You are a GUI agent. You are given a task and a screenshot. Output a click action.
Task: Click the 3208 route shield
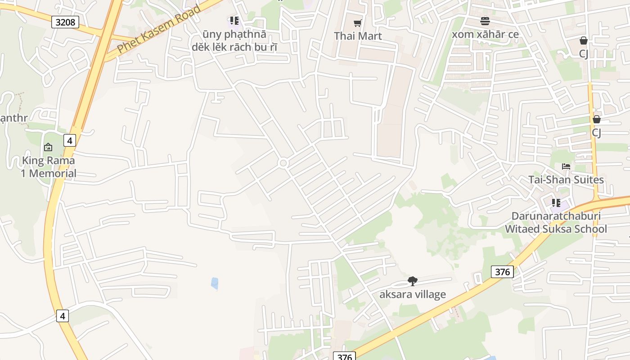click(x=65, y=22)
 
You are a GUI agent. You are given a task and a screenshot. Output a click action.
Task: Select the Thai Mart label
click(x=358, y=36)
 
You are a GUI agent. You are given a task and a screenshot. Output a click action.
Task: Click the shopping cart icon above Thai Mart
click(x=358, y=23)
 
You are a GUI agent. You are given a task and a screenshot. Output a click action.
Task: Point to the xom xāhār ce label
click(x=485, y=35)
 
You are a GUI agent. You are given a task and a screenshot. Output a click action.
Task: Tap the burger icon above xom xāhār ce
click(x=485, y=21)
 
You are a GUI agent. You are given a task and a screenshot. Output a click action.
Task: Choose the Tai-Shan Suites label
click(x=566, y=180)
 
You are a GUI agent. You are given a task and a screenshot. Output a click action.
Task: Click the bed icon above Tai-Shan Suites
click(x=566, y=166)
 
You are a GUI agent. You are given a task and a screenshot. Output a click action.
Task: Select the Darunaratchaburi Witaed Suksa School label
click(x=556, y=222)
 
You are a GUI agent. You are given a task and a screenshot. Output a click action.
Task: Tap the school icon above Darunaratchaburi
click(x=556, y=203)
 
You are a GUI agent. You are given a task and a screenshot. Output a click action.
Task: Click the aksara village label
click(x=412, y=295)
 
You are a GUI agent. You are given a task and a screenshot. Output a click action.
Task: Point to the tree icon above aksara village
click(x=412, y=281)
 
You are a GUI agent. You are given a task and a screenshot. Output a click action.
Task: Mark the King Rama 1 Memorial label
click(x=49, y=167)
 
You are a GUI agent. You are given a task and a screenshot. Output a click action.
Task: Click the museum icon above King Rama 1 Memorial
click(x=48, y=147)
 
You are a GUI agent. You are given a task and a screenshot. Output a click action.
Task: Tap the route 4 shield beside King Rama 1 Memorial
click(x=69, y=140)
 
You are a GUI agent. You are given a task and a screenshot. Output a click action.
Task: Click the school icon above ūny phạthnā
click(x=234, y=21)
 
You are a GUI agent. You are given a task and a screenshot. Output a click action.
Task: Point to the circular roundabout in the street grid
click(x=283, y=163)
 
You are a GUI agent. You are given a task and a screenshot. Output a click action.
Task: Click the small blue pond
click(x=215, y=283)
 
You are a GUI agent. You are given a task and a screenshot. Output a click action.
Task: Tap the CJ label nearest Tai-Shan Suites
click(x=596, y=133)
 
